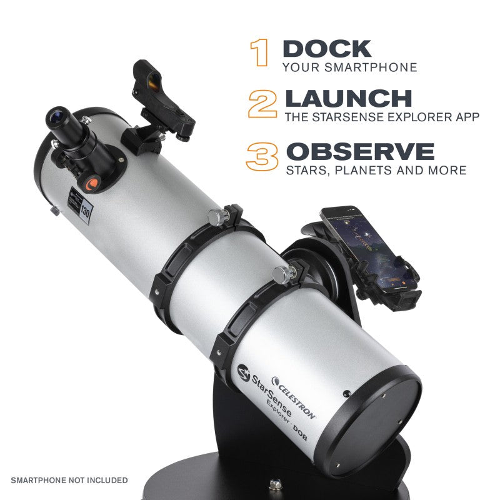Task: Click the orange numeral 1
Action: tap(259, 52)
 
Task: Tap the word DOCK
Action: tap(327, 49)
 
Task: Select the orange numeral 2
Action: tap(262, 103)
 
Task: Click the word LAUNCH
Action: tap(348, 99)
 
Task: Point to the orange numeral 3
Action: tap(262, 156)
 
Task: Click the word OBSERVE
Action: tap(359, 151)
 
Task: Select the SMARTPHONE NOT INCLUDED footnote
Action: tap(69, 480)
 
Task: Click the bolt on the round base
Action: tap(273, 484)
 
